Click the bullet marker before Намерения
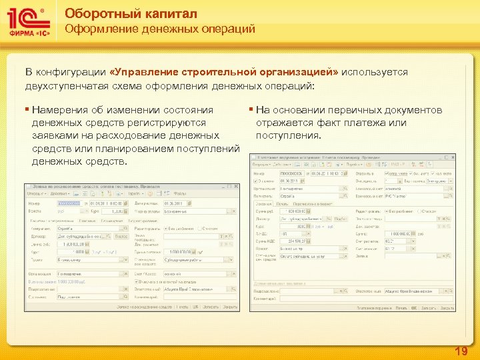[x=27, y=110]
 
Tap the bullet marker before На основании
[x=251, y=110]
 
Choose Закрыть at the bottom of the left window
[x=230, y=307]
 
